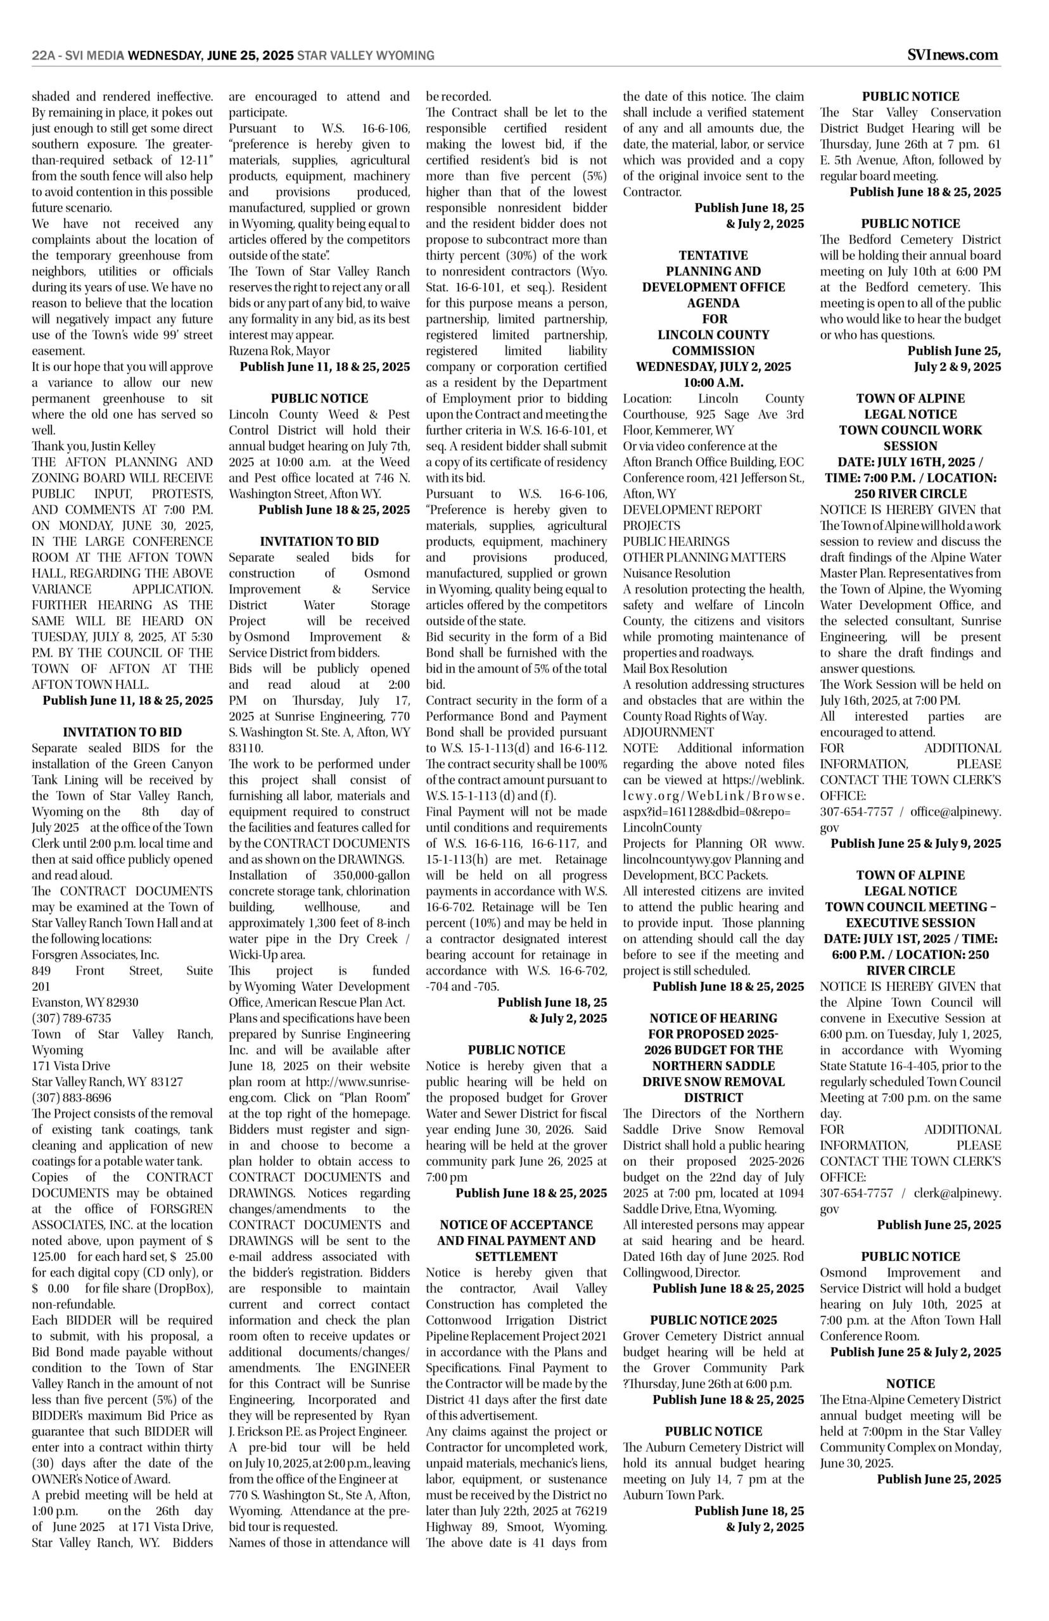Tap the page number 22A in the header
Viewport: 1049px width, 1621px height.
pos(44,56)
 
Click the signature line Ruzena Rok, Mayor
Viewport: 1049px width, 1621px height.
pos(279,351)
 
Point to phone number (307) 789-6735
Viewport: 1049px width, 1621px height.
pos(72,1018)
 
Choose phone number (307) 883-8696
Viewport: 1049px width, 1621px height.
pos(72,1098)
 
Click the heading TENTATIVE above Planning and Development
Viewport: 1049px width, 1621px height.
pos(713,255)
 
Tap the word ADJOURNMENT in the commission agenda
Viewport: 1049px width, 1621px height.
pos(668,733)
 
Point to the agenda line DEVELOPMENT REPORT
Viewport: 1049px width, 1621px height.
pos(692,510)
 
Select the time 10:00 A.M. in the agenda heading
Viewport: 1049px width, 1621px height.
pos(713,382)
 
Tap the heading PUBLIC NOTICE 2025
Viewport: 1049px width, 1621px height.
pos(713,1320)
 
